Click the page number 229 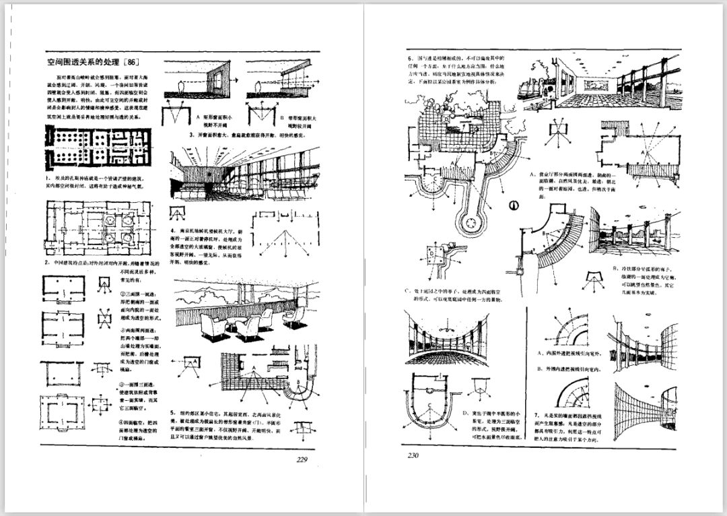pos(302,460)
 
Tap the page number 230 pos(413,456)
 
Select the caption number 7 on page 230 pos(536,414)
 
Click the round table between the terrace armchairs pos(231,327)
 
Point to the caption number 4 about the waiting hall pos(174,230)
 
